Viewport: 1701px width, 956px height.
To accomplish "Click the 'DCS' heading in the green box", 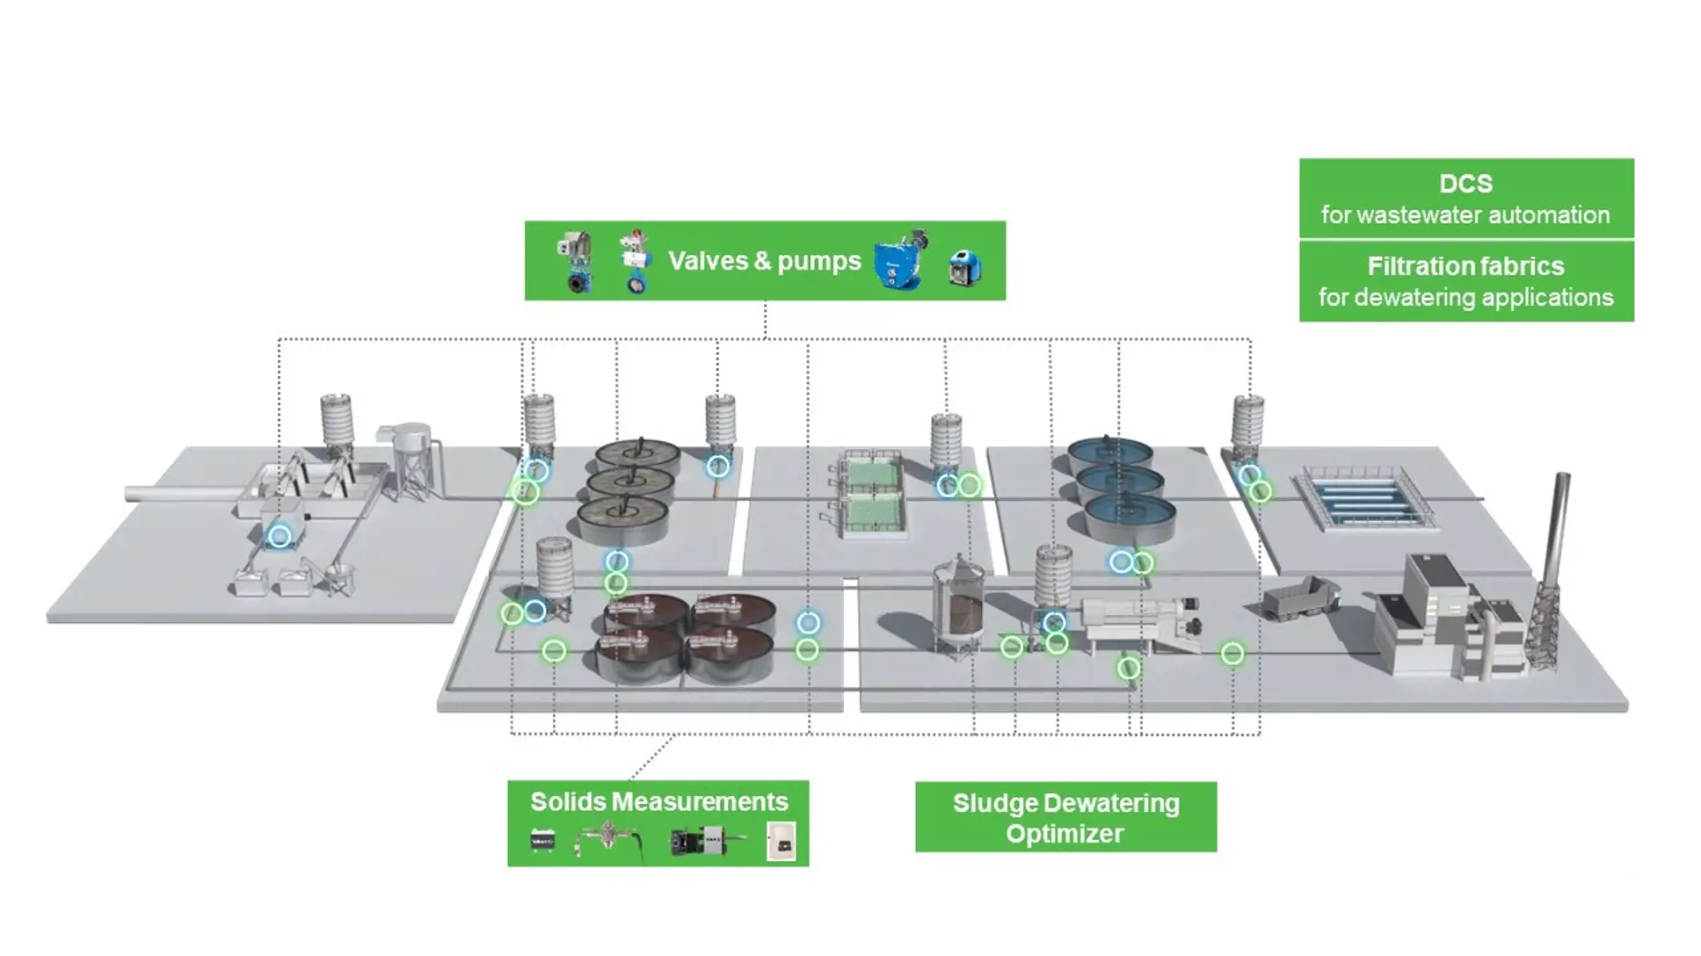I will coord(1465,184).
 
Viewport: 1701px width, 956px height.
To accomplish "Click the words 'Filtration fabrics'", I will coord(1465,266).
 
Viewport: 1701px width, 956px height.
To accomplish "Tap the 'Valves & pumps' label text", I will coord(764,261).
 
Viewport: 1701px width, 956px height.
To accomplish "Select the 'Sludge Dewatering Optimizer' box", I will coord(1065,817).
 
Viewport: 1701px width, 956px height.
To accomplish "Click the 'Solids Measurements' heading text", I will coord(658,801).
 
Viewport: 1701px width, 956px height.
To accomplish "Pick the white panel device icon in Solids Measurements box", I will coord(781,841).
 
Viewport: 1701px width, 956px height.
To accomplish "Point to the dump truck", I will coord(1299,597).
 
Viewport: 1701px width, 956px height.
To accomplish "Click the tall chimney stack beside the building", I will coord(1559,527).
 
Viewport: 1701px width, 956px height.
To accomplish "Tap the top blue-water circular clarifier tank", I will coord(1109,452).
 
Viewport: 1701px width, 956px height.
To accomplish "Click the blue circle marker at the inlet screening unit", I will coord(280,536).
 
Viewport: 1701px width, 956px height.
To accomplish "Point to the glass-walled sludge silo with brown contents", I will coord(958,606).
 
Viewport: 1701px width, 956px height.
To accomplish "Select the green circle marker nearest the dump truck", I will coord(1232,653).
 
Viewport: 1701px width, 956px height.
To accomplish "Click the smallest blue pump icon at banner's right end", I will coord(965,267).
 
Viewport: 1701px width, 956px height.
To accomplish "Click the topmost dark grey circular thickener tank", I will coord(638,454).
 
